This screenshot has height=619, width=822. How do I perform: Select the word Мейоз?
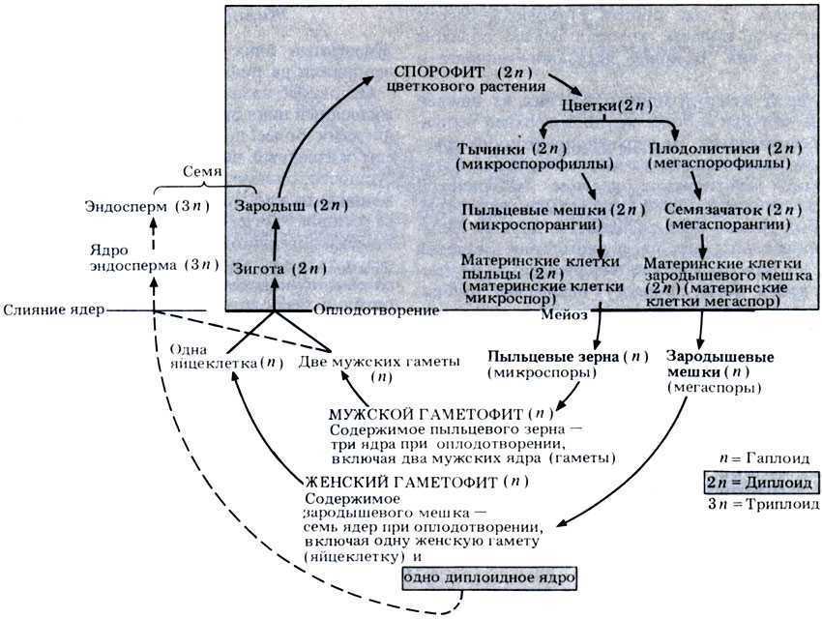[x=563, y=315]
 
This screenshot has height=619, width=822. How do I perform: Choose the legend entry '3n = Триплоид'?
[x=764, y=504]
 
